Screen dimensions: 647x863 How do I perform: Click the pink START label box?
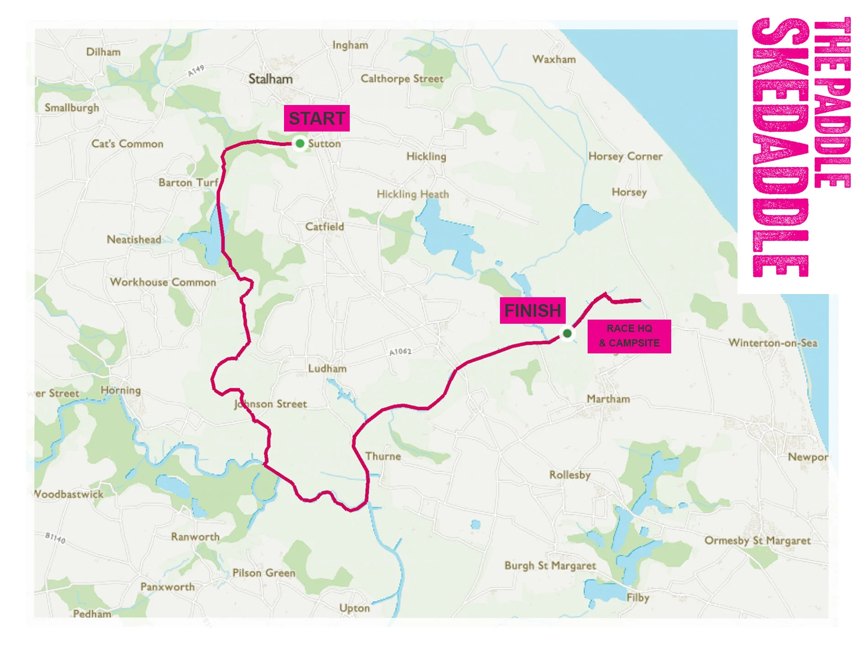(316, 118)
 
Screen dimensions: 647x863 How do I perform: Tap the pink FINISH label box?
(532, 310)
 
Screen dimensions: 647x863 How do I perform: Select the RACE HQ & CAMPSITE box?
(629, 336)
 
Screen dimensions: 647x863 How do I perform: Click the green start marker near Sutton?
(300, 143)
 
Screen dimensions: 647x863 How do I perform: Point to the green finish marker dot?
(567, 333)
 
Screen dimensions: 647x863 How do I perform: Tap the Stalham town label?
(270, 79)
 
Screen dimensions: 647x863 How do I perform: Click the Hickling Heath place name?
(413, 194)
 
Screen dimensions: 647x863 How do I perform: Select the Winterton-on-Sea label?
(773, 342)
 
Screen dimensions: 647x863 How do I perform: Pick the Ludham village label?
(327, 368)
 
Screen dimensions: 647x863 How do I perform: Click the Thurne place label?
(383, 456)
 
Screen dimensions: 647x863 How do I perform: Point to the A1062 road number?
(400, 352)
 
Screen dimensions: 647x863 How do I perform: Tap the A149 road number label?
(196, 71)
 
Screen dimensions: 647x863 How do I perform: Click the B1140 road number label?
(55, 537)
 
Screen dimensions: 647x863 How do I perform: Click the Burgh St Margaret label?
(550, 566)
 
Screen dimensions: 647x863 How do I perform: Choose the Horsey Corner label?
(625, 156)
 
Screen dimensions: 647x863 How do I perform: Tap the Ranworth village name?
(195, 537)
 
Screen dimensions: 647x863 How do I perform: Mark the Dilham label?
(103, 52)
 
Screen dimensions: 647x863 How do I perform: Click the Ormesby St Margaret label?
(757, 541)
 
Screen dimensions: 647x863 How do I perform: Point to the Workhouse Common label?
(163, 282)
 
